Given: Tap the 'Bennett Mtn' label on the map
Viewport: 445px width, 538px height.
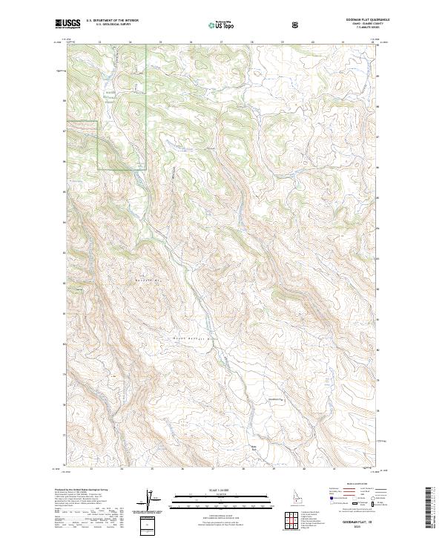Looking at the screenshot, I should click(x=146, y=281).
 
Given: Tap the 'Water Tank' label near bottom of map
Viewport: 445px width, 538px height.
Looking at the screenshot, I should click(x=254, y=447).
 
